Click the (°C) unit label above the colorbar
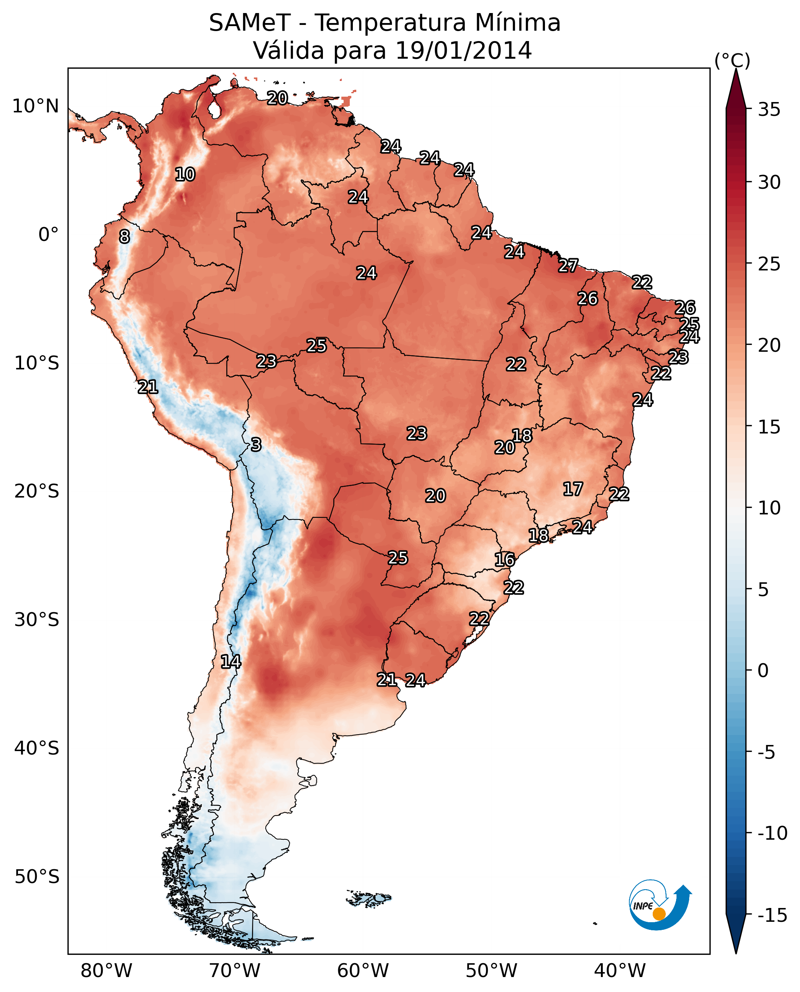(x=732, y=60)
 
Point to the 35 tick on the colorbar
(x=769, y=110)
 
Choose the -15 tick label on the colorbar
(x=772, y=915)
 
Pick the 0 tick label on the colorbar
(x=763, y=670)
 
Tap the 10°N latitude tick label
(x=36, y=107)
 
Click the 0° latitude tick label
(x=48, y=235)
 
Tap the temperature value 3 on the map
(x=256, y=444)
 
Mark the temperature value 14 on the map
(x=230, y=661)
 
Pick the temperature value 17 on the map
(x=573, y=489)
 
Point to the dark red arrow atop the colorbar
(x=736, y=90)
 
